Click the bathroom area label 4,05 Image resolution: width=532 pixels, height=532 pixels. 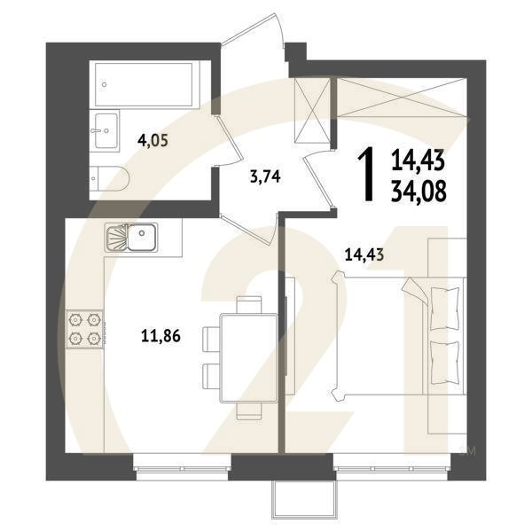153,139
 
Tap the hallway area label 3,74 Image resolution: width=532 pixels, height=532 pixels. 265,176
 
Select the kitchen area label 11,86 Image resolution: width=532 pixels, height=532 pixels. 160,336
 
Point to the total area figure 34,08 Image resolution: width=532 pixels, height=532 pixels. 419,192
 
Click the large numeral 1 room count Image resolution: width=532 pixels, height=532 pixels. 368,174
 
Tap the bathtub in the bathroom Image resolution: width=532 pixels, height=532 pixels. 144,84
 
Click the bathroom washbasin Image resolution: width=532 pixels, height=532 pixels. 106,131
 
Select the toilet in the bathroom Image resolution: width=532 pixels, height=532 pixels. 109,178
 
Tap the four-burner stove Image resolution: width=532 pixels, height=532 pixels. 85,329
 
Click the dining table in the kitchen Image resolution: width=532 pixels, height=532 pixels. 249,358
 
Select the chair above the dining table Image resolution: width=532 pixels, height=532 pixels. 249,305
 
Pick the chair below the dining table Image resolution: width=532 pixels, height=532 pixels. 249,411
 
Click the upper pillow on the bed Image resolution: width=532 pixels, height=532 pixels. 445,308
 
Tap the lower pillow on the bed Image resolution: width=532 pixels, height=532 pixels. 445,363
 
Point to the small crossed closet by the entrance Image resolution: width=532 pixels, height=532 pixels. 312,110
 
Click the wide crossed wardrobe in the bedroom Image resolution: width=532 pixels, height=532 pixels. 402,98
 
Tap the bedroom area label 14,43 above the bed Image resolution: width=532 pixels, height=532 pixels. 364,254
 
